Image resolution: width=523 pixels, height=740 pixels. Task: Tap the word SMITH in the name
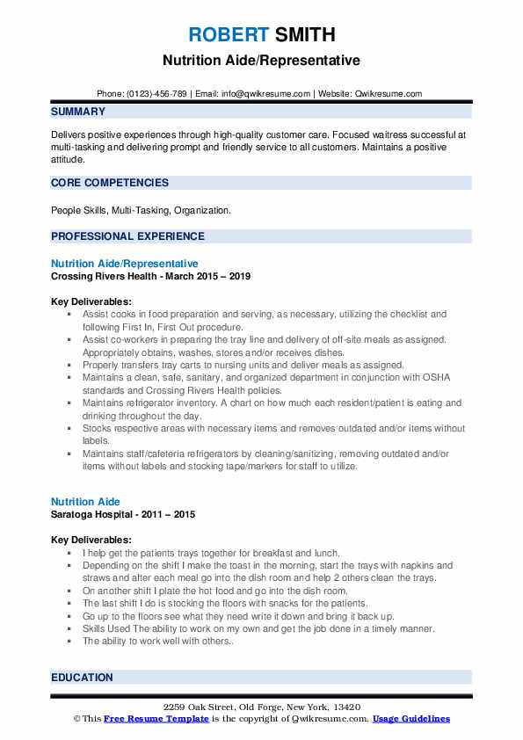click(x=303, y=35)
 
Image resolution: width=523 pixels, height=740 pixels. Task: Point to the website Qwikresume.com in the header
click(x=389, y=94)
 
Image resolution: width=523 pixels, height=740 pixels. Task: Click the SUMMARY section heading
click(x=78, y=112)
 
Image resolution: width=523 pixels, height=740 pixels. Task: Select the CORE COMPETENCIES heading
click(x=110, y=183)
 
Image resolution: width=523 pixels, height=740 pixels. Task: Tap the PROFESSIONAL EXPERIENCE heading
click(x=127, y=236)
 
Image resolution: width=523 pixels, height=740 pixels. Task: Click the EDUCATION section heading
click(x=82, y=678)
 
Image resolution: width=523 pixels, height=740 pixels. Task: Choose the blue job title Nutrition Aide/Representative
click(x=124, y=264)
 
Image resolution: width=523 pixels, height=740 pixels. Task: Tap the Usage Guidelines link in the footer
click(x=410, y=719)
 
